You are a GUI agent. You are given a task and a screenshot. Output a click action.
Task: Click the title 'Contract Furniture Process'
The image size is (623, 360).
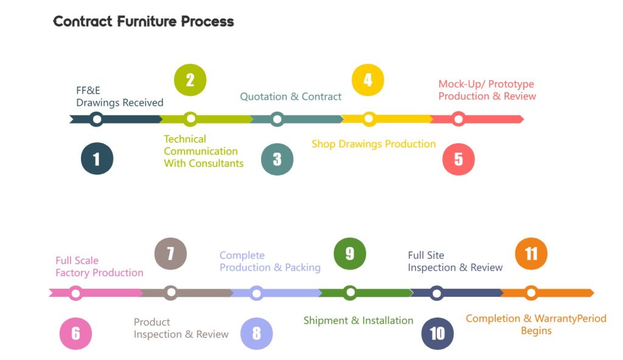144,21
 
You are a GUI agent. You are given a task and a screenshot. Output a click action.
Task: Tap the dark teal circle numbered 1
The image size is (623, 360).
97,159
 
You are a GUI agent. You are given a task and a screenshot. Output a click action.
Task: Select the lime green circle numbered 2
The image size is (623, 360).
190,80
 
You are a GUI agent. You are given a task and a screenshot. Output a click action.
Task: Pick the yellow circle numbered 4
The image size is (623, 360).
368,80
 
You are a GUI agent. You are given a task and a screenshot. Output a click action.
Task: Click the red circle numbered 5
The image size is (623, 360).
459,159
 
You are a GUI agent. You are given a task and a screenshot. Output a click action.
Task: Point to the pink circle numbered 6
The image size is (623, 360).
75,333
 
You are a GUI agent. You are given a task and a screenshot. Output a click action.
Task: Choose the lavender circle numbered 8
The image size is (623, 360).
257,333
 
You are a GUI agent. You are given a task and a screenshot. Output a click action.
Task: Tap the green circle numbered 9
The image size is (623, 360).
350,254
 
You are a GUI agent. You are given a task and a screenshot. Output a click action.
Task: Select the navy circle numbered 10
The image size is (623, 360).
437,333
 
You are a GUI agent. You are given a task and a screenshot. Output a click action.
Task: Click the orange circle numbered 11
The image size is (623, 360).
531,254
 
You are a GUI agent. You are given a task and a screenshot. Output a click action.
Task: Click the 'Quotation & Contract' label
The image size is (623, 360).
290,97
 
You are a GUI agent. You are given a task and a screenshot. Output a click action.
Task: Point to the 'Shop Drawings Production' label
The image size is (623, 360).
374,144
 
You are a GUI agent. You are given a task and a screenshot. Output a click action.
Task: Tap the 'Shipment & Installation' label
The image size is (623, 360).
358,320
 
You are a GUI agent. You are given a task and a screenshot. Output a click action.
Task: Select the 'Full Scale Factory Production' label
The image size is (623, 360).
99,266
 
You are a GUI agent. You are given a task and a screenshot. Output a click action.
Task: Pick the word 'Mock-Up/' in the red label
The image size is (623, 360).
461,85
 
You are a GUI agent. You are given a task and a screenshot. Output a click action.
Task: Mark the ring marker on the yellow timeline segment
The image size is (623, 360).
369,119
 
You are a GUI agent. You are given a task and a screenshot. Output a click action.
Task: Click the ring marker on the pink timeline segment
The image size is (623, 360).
75,293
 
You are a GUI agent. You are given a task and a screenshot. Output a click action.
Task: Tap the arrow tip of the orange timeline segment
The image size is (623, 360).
594,293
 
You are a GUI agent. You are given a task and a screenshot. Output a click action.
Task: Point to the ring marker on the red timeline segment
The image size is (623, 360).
459,119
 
